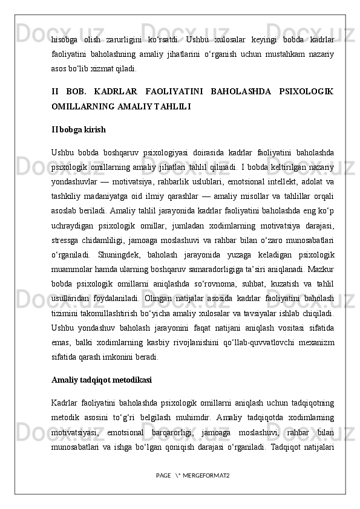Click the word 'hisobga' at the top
(65, 40)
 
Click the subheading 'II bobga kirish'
(79, 129)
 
